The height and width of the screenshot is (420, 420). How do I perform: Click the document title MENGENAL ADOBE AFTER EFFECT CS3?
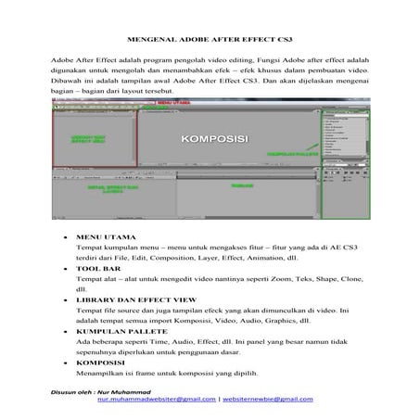(x=210, y=44)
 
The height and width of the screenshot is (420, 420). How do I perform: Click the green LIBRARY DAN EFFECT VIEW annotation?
(x=91, y=139)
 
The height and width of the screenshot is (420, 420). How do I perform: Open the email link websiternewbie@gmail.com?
(x=268, y=399)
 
